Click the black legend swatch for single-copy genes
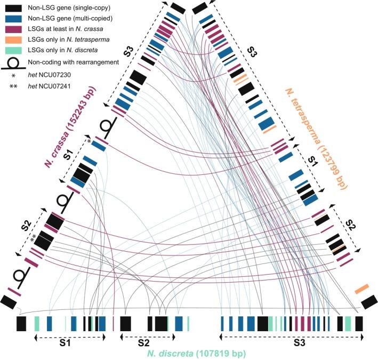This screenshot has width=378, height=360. tap(13, 8)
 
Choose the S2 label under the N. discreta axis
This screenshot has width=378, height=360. tap(140, 344)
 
